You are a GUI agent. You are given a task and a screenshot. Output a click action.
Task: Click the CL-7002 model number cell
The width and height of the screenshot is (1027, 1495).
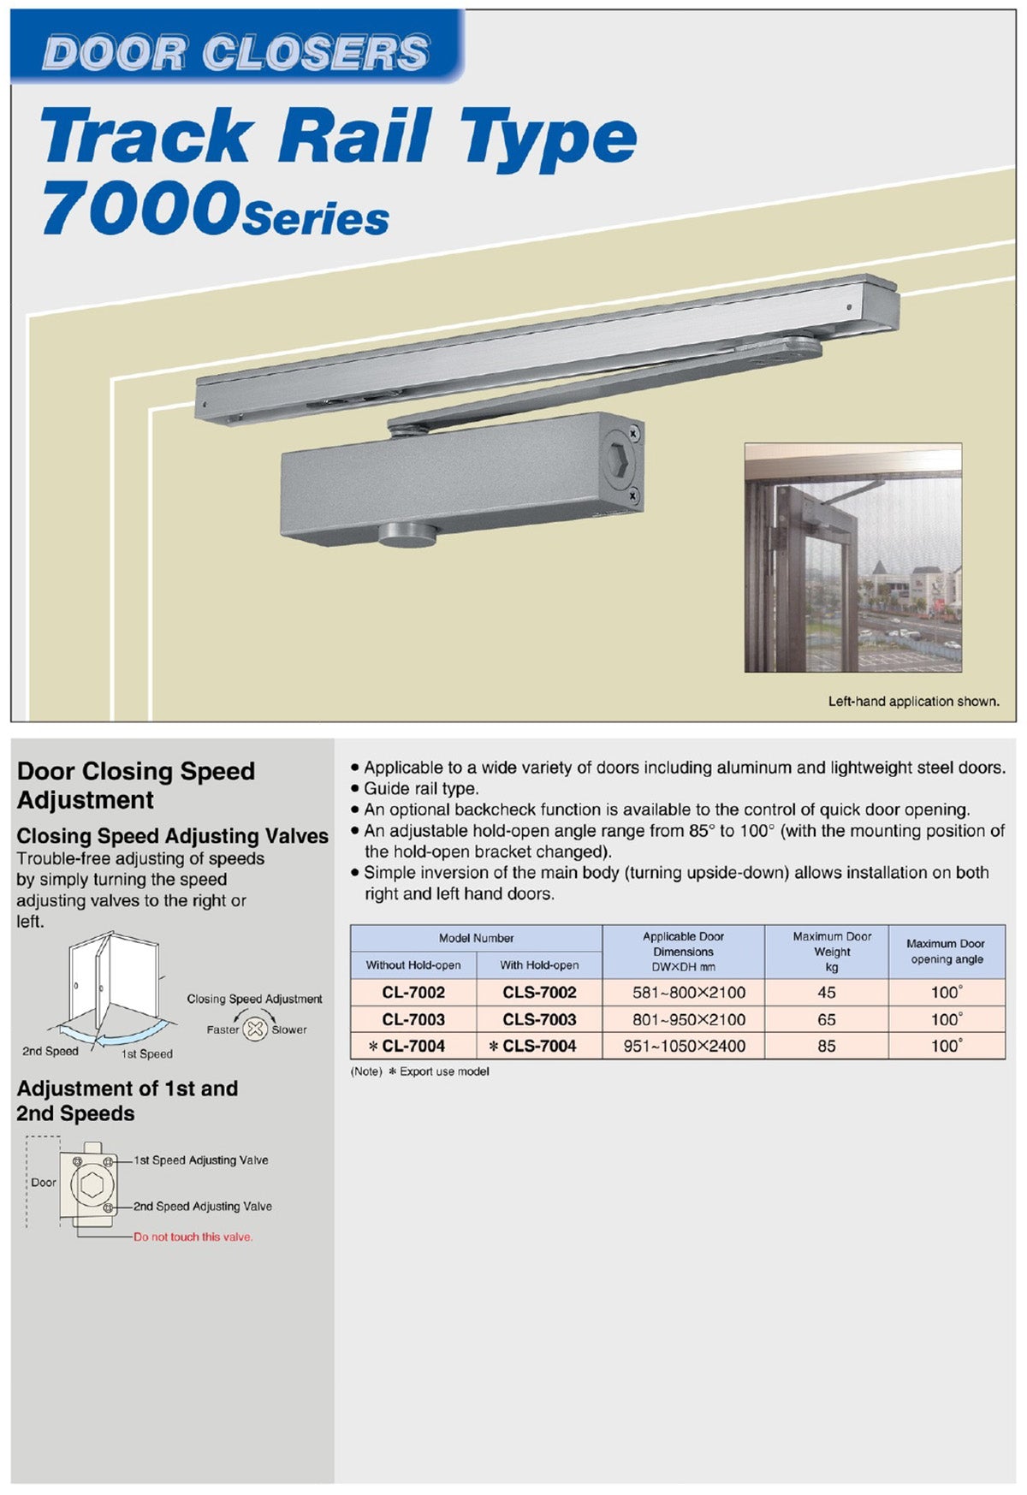413,993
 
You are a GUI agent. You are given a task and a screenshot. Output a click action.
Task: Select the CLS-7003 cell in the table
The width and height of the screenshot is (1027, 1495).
539,1019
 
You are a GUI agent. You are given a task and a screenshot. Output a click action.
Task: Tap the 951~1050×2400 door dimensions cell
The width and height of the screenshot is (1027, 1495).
684,1046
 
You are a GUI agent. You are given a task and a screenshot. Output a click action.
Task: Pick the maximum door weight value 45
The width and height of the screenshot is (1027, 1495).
826,993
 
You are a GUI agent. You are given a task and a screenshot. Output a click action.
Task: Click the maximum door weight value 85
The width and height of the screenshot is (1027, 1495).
826,1046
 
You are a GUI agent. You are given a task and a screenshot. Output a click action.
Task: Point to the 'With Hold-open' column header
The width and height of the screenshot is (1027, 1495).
539,965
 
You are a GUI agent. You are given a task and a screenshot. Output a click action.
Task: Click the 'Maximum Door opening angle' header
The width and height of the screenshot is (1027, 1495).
946,951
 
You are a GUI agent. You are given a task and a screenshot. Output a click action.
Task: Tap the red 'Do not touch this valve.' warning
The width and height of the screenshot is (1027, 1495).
193,1237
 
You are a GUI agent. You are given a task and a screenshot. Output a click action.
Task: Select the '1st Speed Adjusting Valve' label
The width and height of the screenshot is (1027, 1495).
201,1160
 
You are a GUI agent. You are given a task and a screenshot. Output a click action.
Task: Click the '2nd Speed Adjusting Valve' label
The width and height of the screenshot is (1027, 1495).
203,1207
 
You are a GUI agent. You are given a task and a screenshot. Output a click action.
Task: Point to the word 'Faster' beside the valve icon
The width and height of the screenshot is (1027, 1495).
223,1029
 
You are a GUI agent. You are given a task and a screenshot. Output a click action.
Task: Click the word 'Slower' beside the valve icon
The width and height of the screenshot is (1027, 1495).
289,1029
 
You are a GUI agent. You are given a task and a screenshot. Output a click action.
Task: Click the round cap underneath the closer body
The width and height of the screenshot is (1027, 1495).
407,535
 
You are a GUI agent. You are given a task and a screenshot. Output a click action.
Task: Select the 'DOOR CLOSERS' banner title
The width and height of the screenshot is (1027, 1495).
235,53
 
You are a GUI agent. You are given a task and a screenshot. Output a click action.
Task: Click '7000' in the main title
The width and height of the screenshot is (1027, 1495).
140,210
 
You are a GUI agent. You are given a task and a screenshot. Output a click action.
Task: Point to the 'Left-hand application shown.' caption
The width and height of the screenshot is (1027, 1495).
913,702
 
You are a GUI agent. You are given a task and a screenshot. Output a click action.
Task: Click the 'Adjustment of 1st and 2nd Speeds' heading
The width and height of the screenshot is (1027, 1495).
127,1100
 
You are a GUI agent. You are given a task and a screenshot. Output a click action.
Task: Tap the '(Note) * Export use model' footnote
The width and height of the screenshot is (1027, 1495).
419,1071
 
